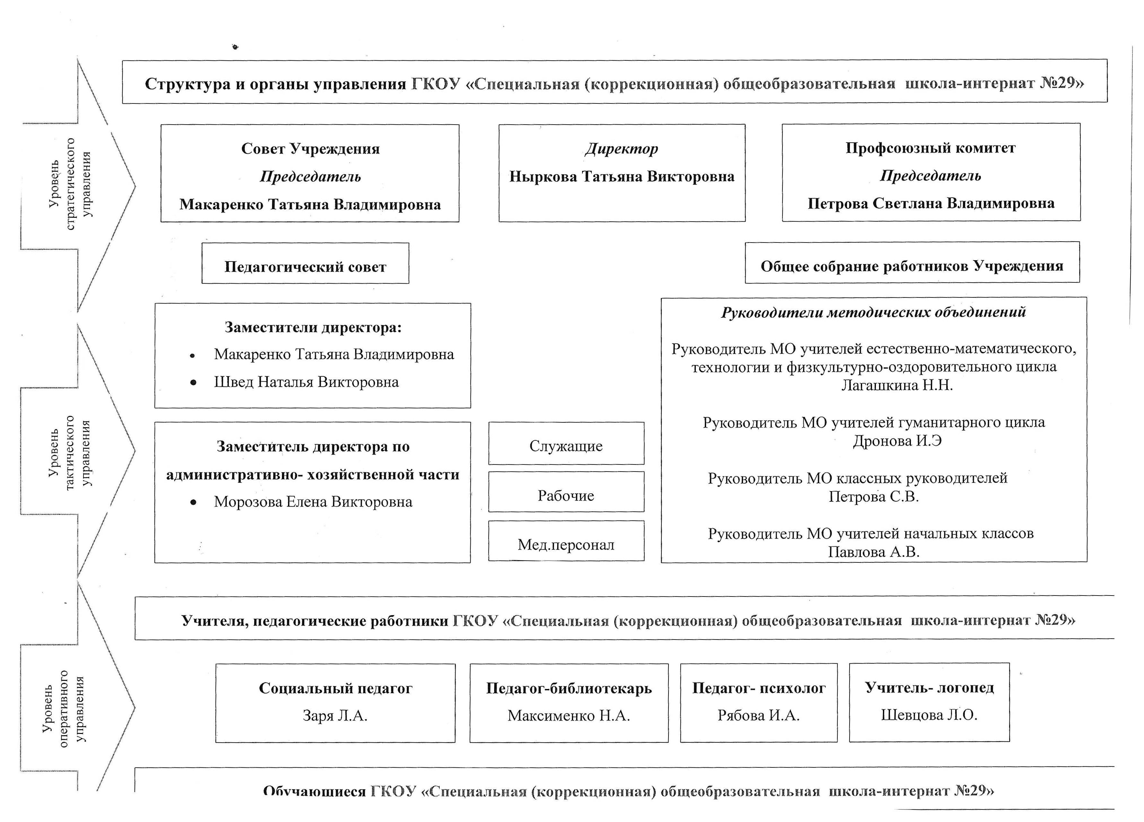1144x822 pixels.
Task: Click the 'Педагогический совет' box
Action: point(305,263)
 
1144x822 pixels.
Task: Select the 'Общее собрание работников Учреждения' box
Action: point(912,262)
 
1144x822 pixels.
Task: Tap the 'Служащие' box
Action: point(566,443)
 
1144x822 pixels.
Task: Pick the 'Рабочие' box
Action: point(566,491)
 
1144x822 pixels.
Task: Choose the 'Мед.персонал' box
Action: point(566,540)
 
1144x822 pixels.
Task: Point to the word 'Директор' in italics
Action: point(621,149)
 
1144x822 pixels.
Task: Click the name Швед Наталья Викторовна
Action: point(306,382)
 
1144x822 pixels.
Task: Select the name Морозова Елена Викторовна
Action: point(313,501)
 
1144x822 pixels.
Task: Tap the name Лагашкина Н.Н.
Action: point(897,385)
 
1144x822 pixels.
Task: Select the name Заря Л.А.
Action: point(335,716)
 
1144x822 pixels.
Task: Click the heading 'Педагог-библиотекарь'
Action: point(569,688)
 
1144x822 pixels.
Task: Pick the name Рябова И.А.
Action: point(759,715)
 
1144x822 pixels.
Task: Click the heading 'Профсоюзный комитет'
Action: point(930,148)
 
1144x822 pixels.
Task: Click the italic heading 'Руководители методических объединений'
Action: point(874,312)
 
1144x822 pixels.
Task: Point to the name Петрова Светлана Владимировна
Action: point(931,203)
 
